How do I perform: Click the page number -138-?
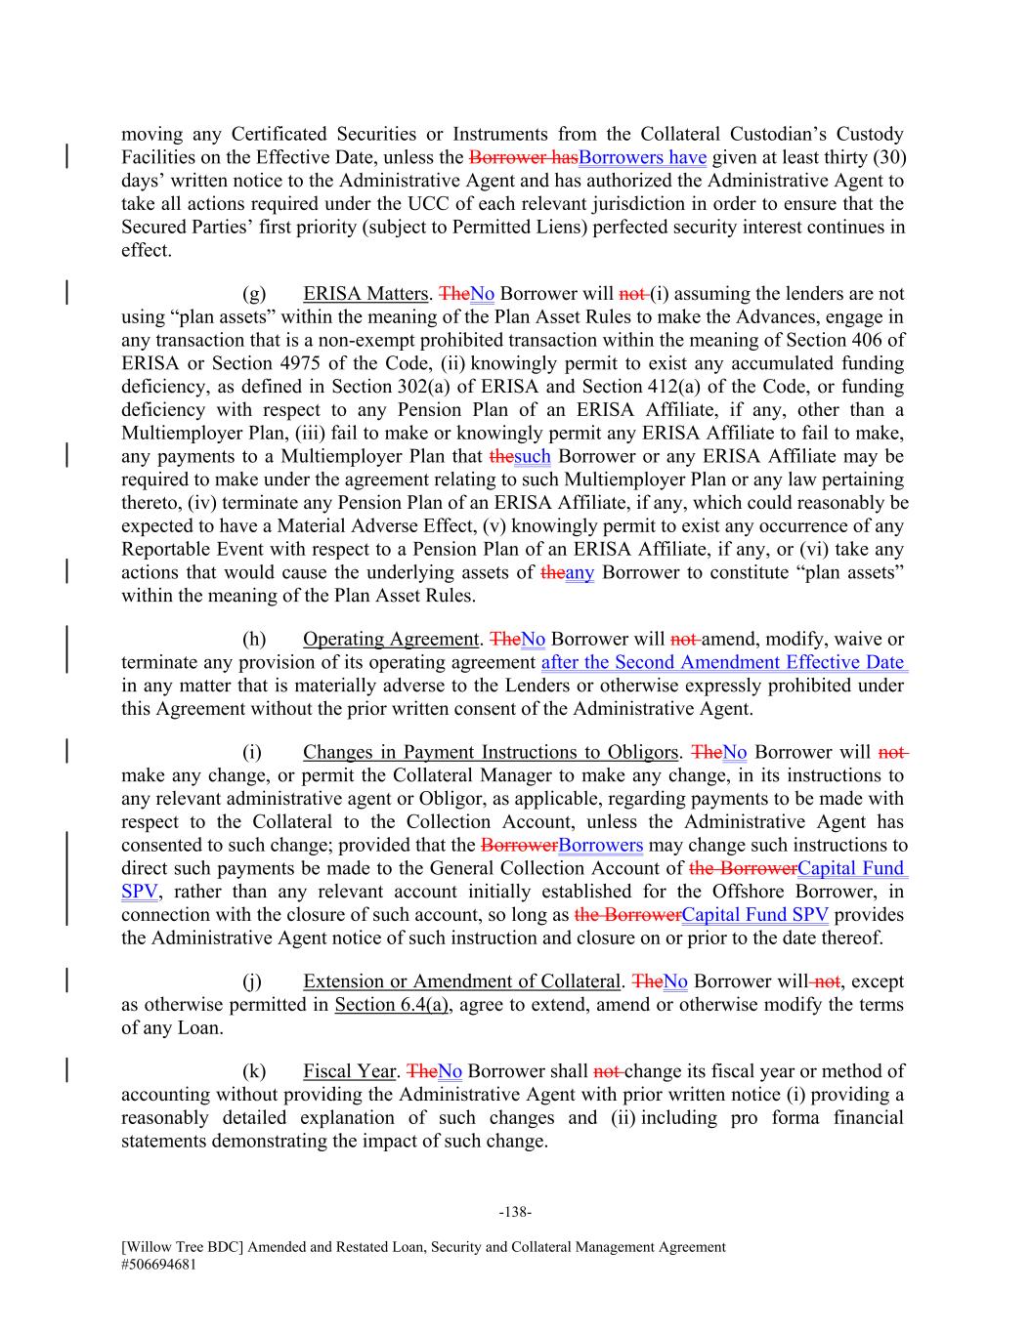coord(515,1212)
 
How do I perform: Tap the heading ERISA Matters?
coord(365,294)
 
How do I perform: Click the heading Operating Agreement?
coord(390,640)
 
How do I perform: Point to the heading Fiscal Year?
coord(349,1071)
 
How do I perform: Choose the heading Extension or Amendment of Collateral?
coord(461,981)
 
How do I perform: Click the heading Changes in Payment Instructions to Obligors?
coord(490,752)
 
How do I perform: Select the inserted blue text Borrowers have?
coord(642,158)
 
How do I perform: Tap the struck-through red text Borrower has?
coord(523,158)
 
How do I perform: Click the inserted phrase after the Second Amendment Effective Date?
coord(723,663)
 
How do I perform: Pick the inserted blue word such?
coord(533,456)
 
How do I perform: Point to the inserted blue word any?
coord(580,572)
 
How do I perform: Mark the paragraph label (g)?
coord(254,294)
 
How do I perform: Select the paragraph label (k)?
coord(254,1071)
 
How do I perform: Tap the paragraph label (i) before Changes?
coord(252,752)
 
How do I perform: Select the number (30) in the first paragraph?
coord(887,158)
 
